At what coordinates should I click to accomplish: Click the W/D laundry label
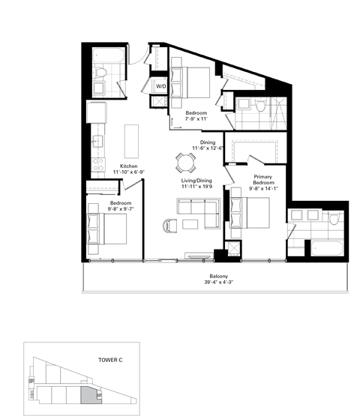click(160, 87)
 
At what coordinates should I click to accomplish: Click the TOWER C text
click(110, 359)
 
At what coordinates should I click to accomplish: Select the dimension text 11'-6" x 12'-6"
click(208, 148)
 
